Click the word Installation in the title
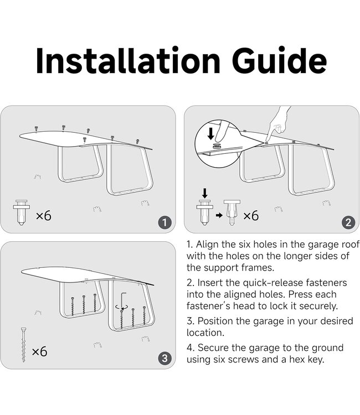tap(128, 60)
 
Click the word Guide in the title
tap(279, 60)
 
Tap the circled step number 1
tap(164, 222)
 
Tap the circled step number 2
tap(348, 222)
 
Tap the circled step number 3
tap(164, 359)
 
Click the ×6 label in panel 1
tap(43, 216)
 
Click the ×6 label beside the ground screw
tap(39, 351)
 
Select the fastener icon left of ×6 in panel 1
tap(21, 212)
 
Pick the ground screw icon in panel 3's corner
tap(24, 345)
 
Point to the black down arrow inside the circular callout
tap(211, 134)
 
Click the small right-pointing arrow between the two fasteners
tap(219, 215)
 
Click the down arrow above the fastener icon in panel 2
tap(205, 193)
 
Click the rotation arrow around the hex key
tap(122, 307)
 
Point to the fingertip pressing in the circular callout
tap(219, 138)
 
